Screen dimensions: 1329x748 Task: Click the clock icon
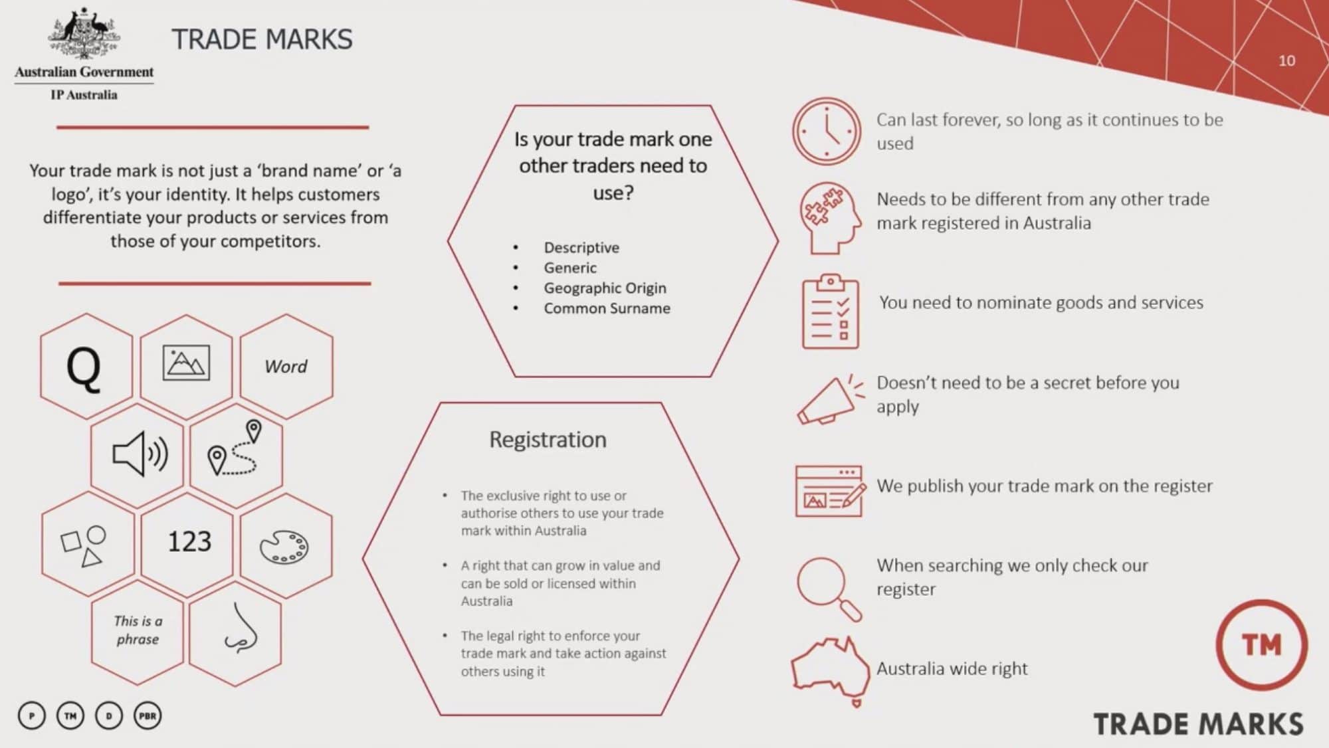click(826, 132)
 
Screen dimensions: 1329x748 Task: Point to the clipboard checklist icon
click(830, 312)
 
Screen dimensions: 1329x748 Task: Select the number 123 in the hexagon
click(189, 541)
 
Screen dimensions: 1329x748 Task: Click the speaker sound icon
click(140, 454)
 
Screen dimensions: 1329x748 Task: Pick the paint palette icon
click(284, 547)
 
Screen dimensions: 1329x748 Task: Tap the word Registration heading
click(548, 440)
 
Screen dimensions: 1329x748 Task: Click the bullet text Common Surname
click(607, 308)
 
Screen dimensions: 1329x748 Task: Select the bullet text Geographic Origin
click(605, 288)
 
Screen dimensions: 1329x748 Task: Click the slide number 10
click(1286, 61)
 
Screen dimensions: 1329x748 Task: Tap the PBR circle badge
click(148, 716)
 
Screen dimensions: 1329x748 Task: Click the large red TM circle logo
click(1261, 644)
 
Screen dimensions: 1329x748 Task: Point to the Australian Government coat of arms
click(84, 35)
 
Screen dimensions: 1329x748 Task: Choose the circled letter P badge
click(32, 716)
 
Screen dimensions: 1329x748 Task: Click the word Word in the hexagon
click(286, 367)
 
